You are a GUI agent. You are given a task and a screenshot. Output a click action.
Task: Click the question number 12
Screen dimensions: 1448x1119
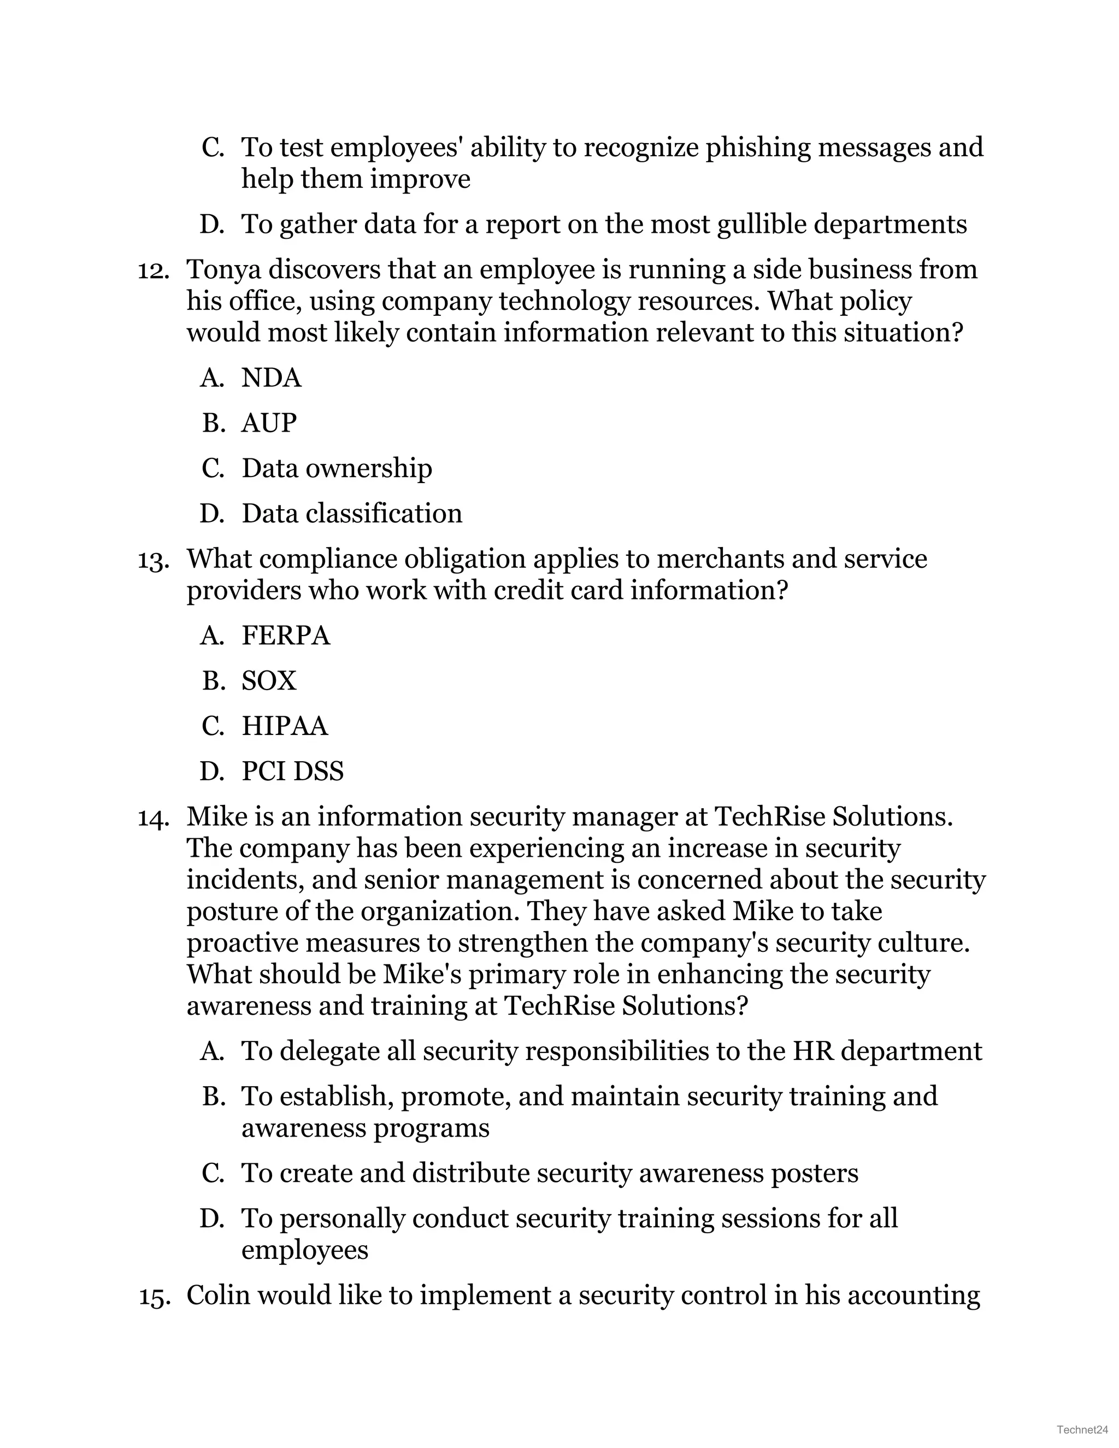152,270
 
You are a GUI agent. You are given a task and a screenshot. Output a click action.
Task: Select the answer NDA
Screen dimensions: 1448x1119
271,378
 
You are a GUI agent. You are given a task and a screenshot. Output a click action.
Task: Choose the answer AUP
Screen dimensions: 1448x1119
268,423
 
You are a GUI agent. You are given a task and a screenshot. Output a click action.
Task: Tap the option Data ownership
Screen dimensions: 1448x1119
336,468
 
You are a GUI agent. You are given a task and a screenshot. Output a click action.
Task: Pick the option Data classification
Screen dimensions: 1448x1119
351,513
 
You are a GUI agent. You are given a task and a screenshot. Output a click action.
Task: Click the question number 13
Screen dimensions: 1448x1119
152,560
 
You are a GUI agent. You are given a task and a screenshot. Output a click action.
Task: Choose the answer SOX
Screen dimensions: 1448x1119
268,681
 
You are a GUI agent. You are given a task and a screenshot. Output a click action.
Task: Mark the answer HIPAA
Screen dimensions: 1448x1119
284,726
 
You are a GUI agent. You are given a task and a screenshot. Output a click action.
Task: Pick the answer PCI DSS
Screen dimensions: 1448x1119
292,771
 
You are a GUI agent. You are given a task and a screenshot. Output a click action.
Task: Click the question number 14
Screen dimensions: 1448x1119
152,817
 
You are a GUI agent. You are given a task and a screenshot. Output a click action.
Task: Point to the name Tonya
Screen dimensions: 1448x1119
223,270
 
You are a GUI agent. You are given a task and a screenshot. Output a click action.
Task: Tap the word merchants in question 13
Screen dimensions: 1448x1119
719,559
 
